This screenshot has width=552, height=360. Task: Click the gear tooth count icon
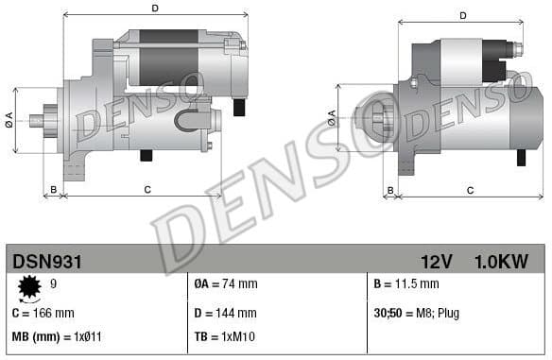pyautogui.click(x=29, y=285)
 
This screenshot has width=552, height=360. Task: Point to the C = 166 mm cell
pyautogui.click(x=43, y=313)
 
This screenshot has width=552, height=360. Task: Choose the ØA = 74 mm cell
pyautogui.click(x=225, y=283)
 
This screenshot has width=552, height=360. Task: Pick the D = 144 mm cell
pyautogui.click(x=225, y=313)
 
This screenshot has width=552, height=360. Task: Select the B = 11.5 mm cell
pyautogui.click(x=406, y=283)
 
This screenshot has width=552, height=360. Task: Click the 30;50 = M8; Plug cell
pyautogui.click(x=417, y=313)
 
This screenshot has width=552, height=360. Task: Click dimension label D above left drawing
pyautogui.click(x=155, y=9)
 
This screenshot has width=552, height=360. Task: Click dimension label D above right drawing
pyautogui.click(x=463, y=15)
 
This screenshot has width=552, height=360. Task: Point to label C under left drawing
pyautogui.click(x=147, y=190)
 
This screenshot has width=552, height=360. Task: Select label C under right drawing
pyautogui.click(x=470, y=190)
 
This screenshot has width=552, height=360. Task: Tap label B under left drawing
pyautogui.click(x=54, y=190)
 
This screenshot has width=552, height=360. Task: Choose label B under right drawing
pyautogui.click(x=390, y=190)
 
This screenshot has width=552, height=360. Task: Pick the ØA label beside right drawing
pyautogui.click(x=332, y=117)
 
